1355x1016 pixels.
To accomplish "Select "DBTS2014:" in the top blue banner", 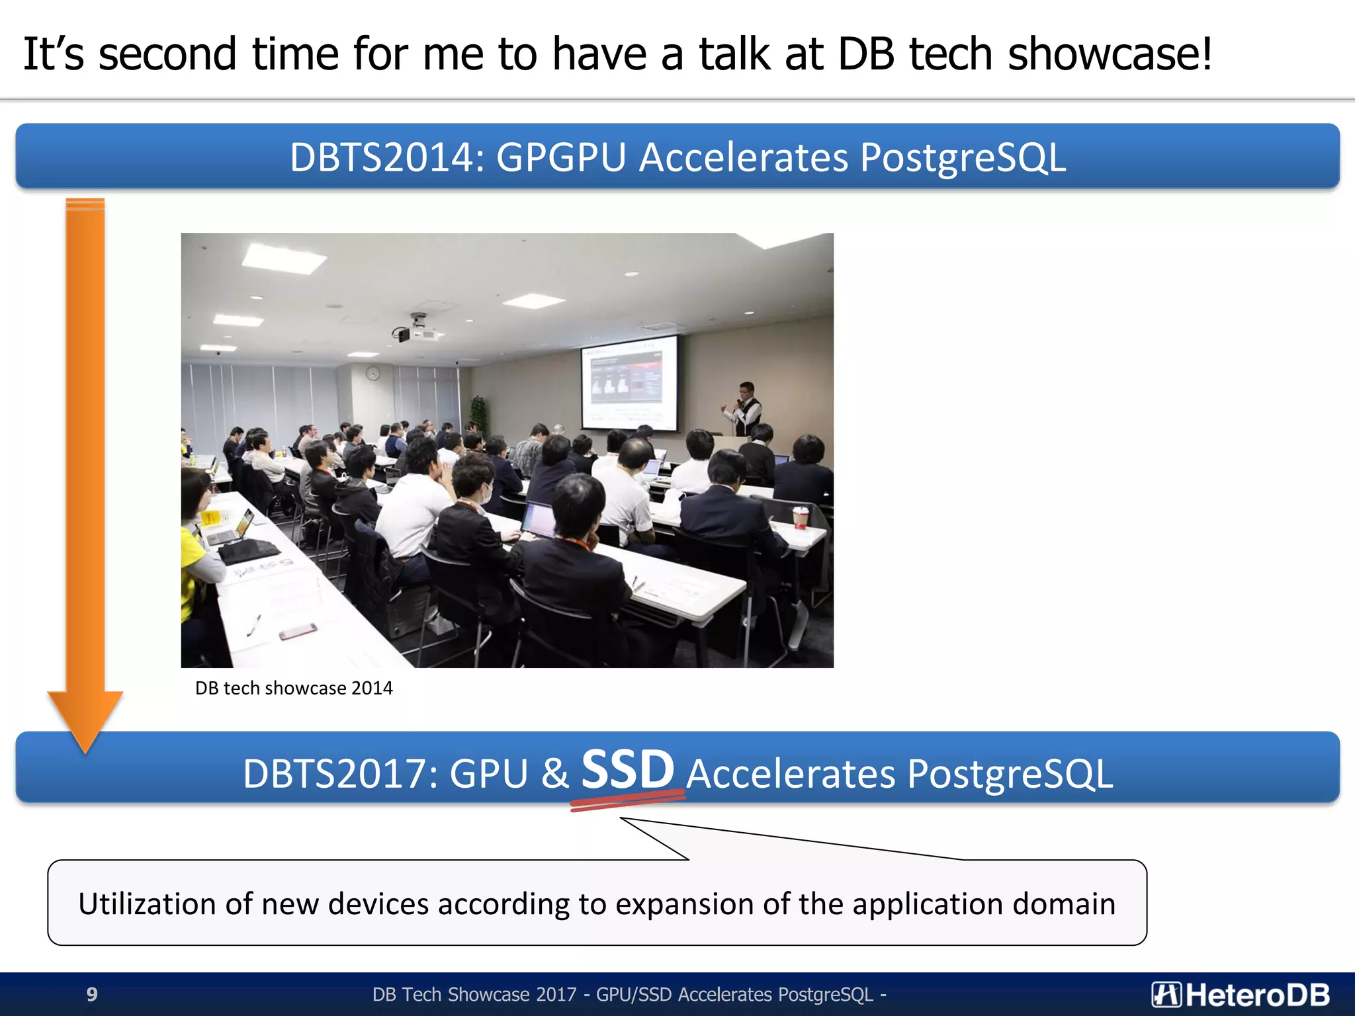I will (x=387, y=158).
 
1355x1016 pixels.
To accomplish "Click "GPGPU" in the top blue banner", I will (x=561, y=158).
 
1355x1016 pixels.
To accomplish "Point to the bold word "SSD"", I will (x=627, y=769).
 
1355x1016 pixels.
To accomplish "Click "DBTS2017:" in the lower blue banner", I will (x=340, y=774).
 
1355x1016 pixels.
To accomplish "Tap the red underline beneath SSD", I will (x=627, y=801).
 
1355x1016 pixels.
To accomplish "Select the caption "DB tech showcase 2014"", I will (x=294, y=689).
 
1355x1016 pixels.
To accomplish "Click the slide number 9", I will (x=92, y=994).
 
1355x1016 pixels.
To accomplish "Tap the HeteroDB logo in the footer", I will (x=1240, y=995).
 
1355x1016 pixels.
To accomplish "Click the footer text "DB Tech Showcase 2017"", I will (x=474, y=995).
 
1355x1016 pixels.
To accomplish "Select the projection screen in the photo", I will (x=629, y=384).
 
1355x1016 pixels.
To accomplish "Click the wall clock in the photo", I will (x=373, y=374).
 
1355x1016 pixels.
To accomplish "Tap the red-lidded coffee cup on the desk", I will (x=801, y=517).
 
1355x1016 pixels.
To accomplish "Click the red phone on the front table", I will (x=297, y=632).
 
